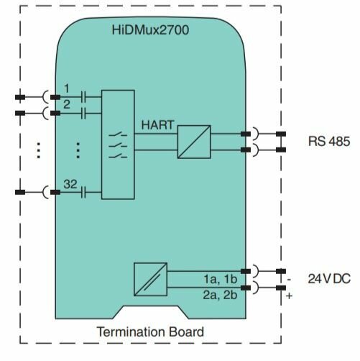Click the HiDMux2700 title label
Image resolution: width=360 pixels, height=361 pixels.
pyautogui.click(x=150, y=30)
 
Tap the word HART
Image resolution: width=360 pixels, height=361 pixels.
pyautogui.click(x=157, y=125)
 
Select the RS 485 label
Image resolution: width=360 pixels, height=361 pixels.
pyautogui.click(x=329, y=141)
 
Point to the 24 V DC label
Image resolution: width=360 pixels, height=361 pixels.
pyautogui.click(x=329, y=278)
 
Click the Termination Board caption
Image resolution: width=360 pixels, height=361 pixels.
pyautogui.click(x=150, y=332)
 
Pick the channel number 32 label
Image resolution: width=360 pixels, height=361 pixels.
pyautogui.click(x=70, y=184)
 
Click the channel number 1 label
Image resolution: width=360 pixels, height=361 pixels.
pyautogui.click(x=67, y=88)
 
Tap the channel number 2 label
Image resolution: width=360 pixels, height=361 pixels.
pyautogui.click(x=67, y=104)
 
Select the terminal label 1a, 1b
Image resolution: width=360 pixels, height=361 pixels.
pyautogui.click(x=221, y=279)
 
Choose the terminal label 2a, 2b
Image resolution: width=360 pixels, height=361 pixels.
pyautogui.click(x=220, y=295)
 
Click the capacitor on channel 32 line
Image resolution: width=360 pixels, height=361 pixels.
pyautogui.click(x=83, y=192)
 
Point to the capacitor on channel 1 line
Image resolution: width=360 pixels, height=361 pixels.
pyautogui.click(x=83, y=97)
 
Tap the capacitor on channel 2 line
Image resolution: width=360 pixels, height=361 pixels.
pyautogui.click(x=83, y=113)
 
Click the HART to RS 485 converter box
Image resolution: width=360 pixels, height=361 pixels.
pyautogui.click(x=194, y=142)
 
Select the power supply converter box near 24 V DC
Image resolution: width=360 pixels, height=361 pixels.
pyautogui.click(x=150, y=279)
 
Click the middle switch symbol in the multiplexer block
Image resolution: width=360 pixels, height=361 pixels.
pyautogui.click(x=118, y=145)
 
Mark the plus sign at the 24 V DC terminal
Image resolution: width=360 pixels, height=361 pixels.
pyautogui.click(x=289, y=296)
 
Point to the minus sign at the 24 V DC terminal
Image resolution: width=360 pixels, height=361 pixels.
pyautogui.click(x=289, y=280)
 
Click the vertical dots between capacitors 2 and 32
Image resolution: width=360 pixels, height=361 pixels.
pyautogui.click(x=78, y=150)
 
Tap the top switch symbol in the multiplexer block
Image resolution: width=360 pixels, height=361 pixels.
pyautogui.click(x=118, y=134)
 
